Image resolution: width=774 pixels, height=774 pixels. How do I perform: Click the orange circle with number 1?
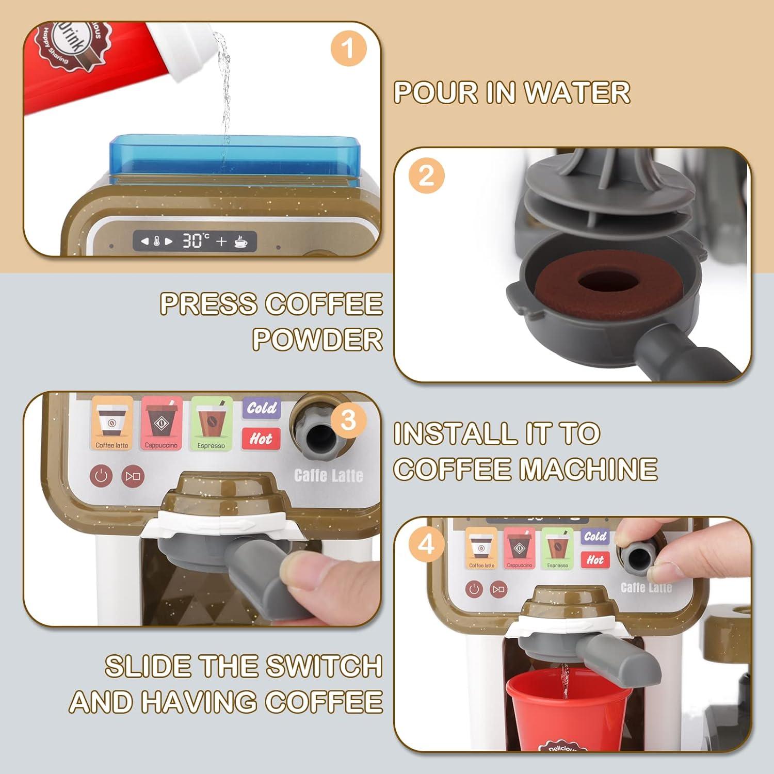pos(348,49)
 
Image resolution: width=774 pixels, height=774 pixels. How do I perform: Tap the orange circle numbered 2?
pos(426,175)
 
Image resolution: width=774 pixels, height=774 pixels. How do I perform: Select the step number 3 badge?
pos(348,420)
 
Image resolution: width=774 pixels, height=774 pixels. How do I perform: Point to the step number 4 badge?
pos(426,544)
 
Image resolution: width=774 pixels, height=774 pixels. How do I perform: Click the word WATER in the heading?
pos(577,93)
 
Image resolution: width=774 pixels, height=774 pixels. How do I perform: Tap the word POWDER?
pos(317,340)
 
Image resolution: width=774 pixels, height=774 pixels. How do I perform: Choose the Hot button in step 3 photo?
pos(261,439)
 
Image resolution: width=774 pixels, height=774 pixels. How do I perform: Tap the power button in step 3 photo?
pos(101,475)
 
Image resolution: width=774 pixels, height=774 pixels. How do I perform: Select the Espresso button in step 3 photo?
pos(211,423)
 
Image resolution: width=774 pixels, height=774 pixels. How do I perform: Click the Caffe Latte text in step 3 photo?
pos(328,475)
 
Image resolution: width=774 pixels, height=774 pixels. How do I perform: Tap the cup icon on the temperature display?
pos(240,241)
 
